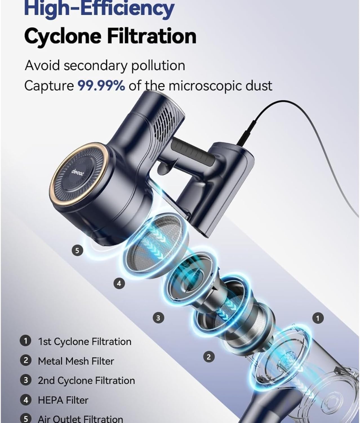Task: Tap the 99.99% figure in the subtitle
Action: tap(101, 85)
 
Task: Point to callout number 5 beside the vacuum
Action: tap(77, 251)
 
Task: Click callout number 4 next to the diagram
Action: tap(119, 283)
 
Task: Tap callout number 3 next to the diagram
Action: tap(158, 318)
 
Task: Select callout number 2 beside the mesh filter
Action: tap(208, 357)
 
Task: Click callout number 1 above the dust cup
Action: tap(318, 319)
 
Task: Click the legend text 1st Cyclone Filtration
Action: tap(85, 342)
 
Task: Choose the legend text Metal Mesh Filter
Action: tap(76, 361)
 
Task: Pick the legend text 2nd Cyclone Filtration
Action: tap(86, 380)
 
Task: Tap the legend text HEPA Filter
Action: tap(63, 400)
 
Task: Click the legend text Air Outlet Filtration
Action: tap(80, 419)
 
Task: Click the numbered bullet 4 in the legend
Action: tap(26, 400)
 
